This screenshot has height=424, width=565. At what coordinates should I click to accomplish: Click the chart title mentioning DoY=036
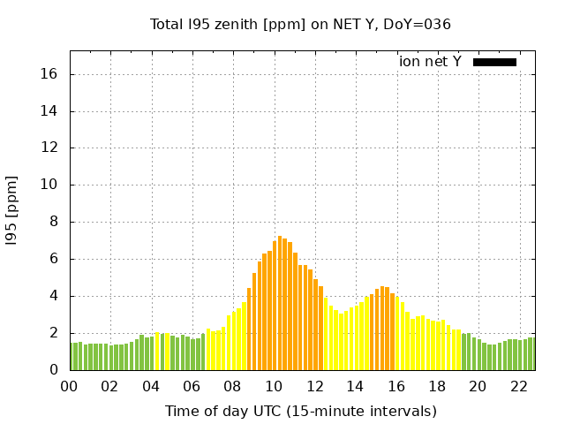(300, 24)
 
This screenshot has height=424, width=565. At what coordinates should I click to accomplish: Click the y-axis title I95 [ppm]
(11, 210)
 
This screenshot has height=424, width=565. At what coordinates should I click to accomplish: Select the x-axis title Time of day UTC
(300, 411)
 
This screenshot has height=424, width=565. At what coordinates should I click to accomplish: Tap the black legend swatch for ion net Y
(494, 62)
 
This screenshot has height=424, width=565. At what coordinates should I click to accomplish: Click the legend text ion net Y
(430, 62)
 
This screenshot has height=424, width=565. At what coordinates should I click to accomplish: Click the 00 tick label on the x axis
(69, 386)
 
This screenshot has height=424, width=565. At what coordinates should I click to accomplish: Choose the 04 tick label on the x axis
(151, 386)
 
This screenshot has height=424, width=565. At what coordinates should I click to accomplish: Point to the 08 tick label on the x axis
(232, 386)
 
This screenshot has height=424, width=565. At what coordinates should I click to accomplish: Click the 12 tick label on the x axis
(314, 386)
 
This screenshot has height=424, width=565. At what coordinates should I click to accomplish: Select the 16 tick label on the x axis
(395, 386)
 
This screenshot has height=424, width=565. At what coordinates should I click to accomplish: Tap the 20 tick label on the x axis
(478, 386)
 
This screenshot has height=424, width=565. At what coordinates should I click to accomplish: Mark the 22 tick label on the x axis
(518, 386)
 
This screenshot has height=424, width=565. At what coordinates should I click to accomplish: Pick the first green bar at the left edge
(72, 357)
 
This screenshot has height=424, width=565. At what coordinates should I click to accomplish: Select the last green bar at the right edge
(531, 354)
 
